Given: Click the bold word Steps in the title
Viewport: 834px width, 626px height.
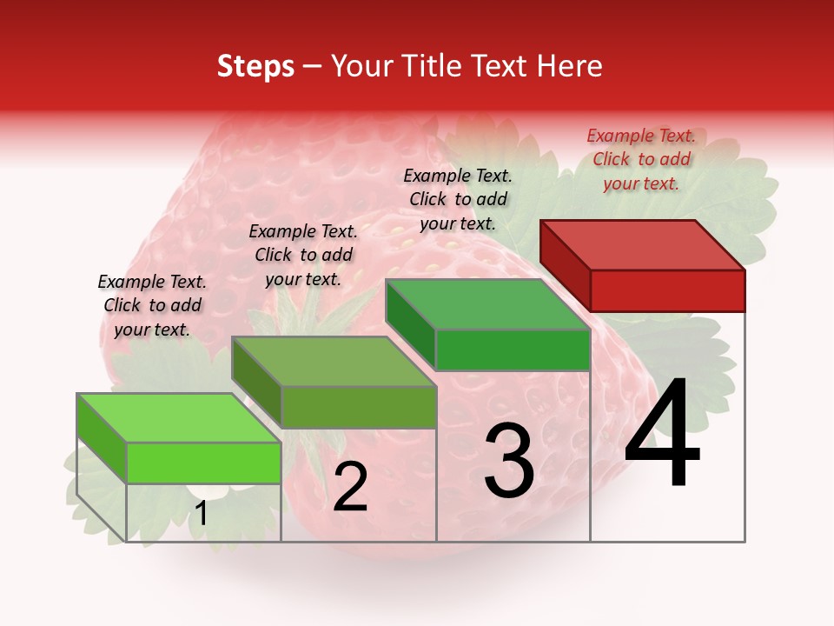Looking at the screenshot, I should (255, 66).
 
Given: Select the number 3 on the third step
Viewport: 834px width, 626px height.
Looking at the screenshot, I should (509, 461).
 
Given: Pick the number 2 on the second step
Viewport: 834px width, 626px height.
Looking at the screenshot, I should (350, 487).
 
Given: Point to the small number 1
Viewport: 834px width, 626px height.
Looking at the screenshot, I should (201, 514).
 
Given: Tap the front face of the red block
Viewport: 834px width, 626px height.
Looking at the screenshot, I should (667, 290).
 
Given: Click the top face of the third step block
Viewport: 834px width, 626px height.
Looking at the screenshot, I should (487, 304).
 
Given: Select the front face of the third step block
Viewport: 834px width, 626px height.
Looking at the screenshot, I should (513, 350).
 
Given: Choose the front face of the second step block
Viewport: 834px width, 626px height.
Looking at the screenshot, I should (359, 407).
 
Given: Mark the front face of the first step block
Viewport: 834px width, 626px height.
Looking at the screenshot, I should (203, 463).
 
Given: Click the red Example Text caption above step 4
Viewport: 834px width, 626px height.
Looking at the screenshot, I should (641, 159).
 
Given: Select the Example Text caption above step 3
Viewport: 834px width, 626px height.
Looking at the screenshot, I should (458, 199).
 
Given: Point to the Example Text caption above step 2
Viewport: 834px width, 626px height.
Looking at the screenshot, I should (303, 255).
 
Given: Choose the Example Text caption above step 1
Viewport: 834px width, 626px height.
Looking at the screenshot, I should (152, 305).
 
